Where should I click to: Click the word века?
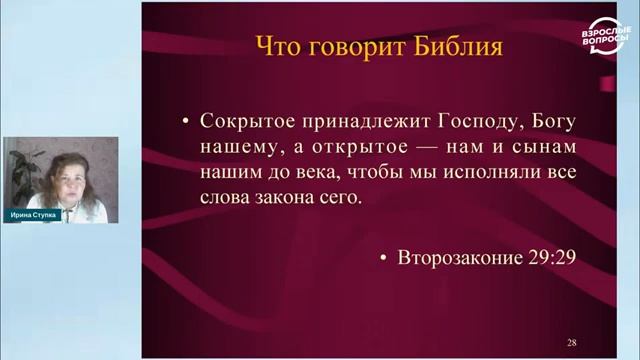pos(312,173)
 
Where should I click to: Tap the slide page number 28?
pos(571,342)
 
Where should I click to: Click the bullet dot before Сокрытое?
pos(185,122)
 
